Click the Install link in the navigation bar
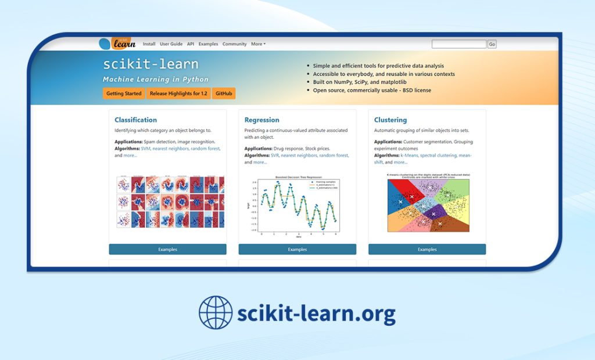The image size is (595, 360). [x=149, y=44]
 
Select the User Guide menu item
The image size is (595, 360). [x=171, y=44]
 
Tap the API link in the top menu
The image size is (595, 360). [x=191, y=44]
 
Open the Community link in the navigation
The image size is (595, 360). [x=235, y=44]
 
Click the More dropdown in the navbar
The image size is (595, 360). [x=258, y=44]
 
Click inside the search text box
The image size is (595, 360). [x=459, y=44]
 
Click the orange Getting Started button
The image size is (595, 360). [x=124, y=93]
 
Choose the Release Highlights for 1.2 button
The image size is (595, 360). [x=178, y=93]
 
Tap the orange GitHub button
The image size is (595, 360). [x=224, y=93]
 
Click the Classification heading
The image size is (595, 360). [x=135, y=120]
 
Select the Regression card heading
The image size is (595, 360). [x=261, y=120]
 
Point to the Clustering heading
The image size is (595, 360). [x=390, y=120]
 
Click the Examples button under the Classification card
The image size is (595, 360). [x=167, y=249]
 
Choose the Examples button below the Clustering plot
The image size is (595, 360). [x=427, y=249]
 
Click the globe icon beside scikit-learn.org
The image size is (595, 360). [x=215, y=312]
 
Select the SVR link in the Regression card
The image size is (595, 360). [x=275, y=156]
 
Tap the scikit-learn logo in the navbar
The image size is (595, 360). [x=117, y=44]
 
